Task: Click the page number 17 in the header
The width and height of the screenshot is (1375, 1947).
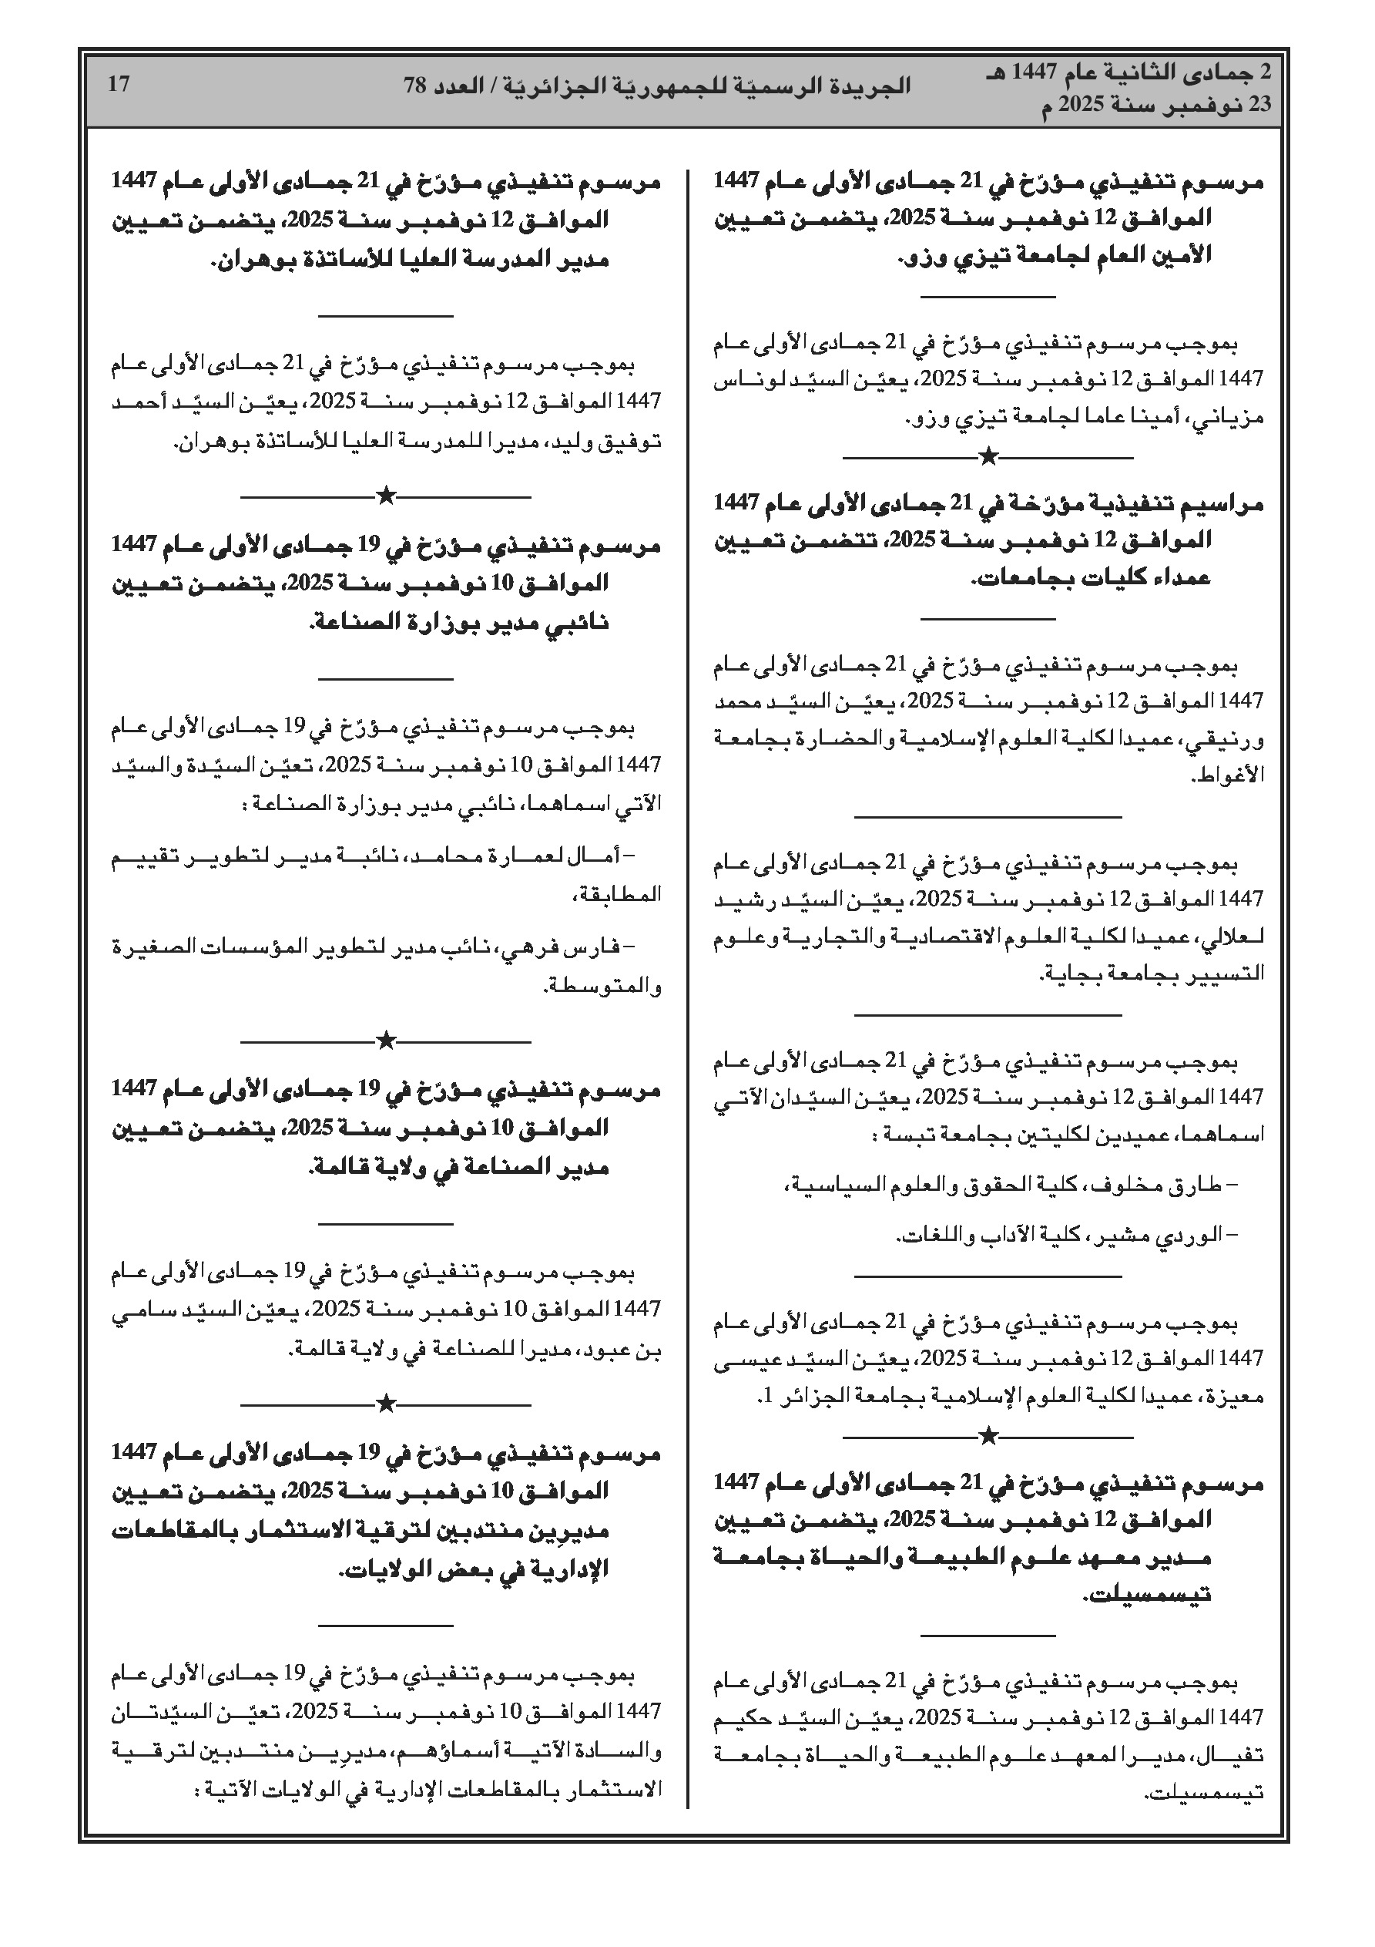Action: (x=119, y=84)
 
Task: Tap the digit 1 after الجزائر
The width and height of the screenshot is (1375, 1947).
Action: (x=767, y=1395)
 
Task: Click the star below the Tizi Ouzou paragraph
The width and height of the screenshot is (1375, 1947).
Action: (x=988, y=458)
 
